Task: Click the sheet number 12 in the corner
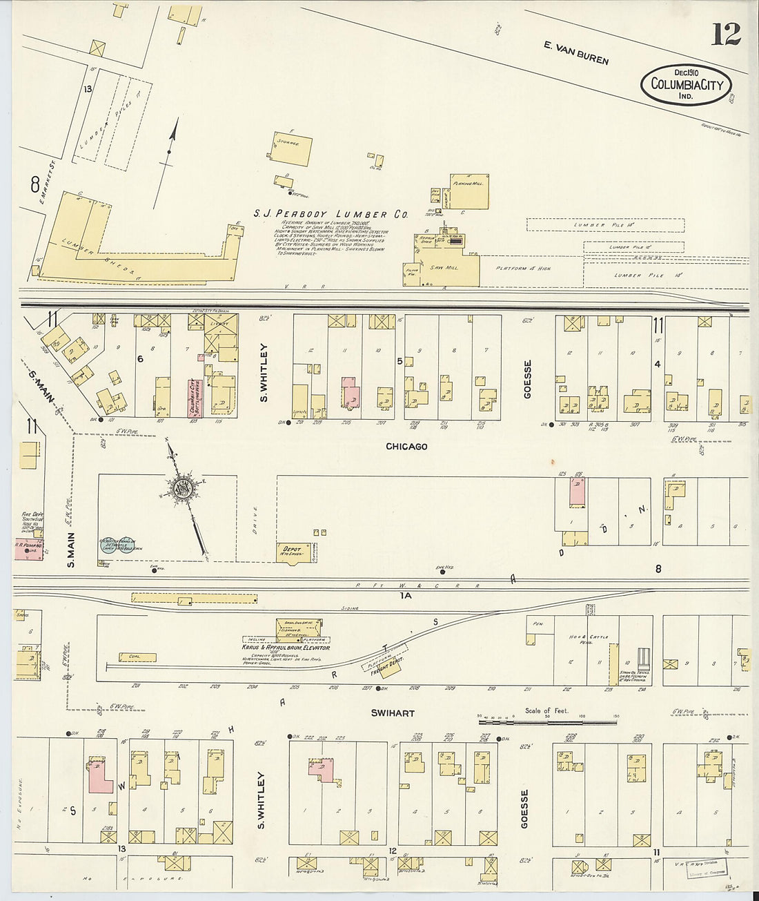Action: point(726,33)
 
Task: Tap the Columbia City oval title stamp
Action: point(686,86)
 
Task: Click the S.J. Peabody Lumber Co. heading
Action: point(331,215)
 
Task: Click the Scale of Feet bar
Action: point(548,722)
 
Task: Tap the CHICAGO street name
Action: point(406,447)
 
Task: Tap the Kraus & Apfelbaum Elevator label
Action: point(286,648)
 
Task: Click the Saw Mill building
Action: point(442,268)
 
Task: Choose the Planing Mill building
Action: point(469,191)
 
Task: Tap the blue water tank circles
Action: point(118,543)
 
